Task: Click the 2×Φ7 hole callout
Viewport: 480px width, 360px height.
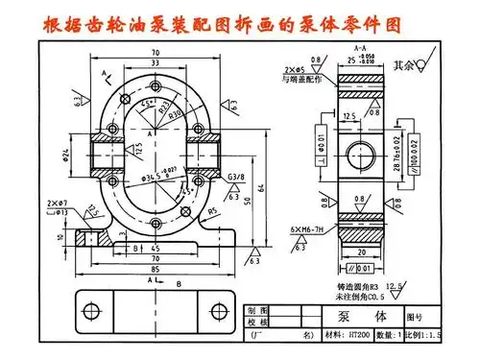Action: click(56, 204)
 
